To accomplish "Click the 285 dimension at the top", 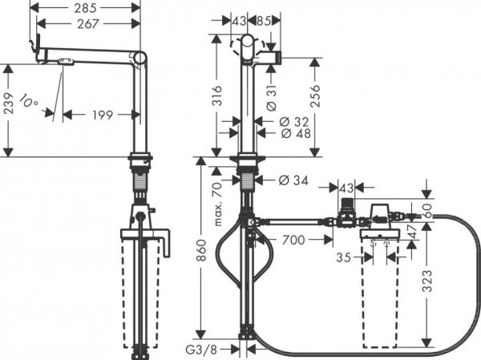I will pyautogui.click(x=87, y=10).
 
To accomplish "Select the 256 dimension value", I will pyautogui.click(x=314, y=99).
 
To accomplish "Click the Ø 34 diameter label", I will pyautogui.click(x=293, y=179).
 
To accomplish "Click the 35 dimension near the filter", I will pyautogui.click(x=344, y=258).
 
